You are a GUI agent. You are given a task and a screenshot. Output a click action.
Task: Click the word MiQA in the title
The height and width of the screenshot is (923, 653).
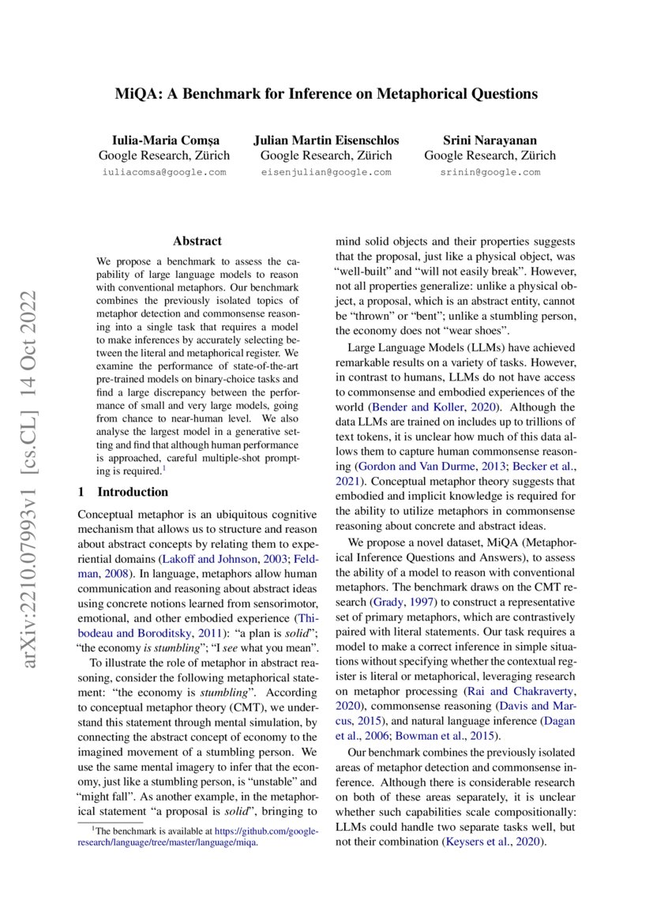[135, 94]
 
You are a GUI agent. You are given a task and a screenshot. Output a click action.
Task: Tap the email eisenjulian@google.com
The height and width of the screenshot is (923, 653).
[326, 171]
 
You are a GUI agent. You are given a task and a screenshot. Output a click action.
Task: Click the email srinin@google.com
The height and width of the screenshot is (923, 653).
[490, 171]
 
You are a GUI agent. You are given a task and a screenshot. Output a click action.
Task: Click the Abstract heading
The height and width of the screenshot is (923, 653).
[197, 241]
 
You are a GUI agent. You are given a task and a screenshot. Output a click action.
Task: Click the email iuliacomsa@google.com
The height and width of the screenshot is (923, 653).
[164, 171]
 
